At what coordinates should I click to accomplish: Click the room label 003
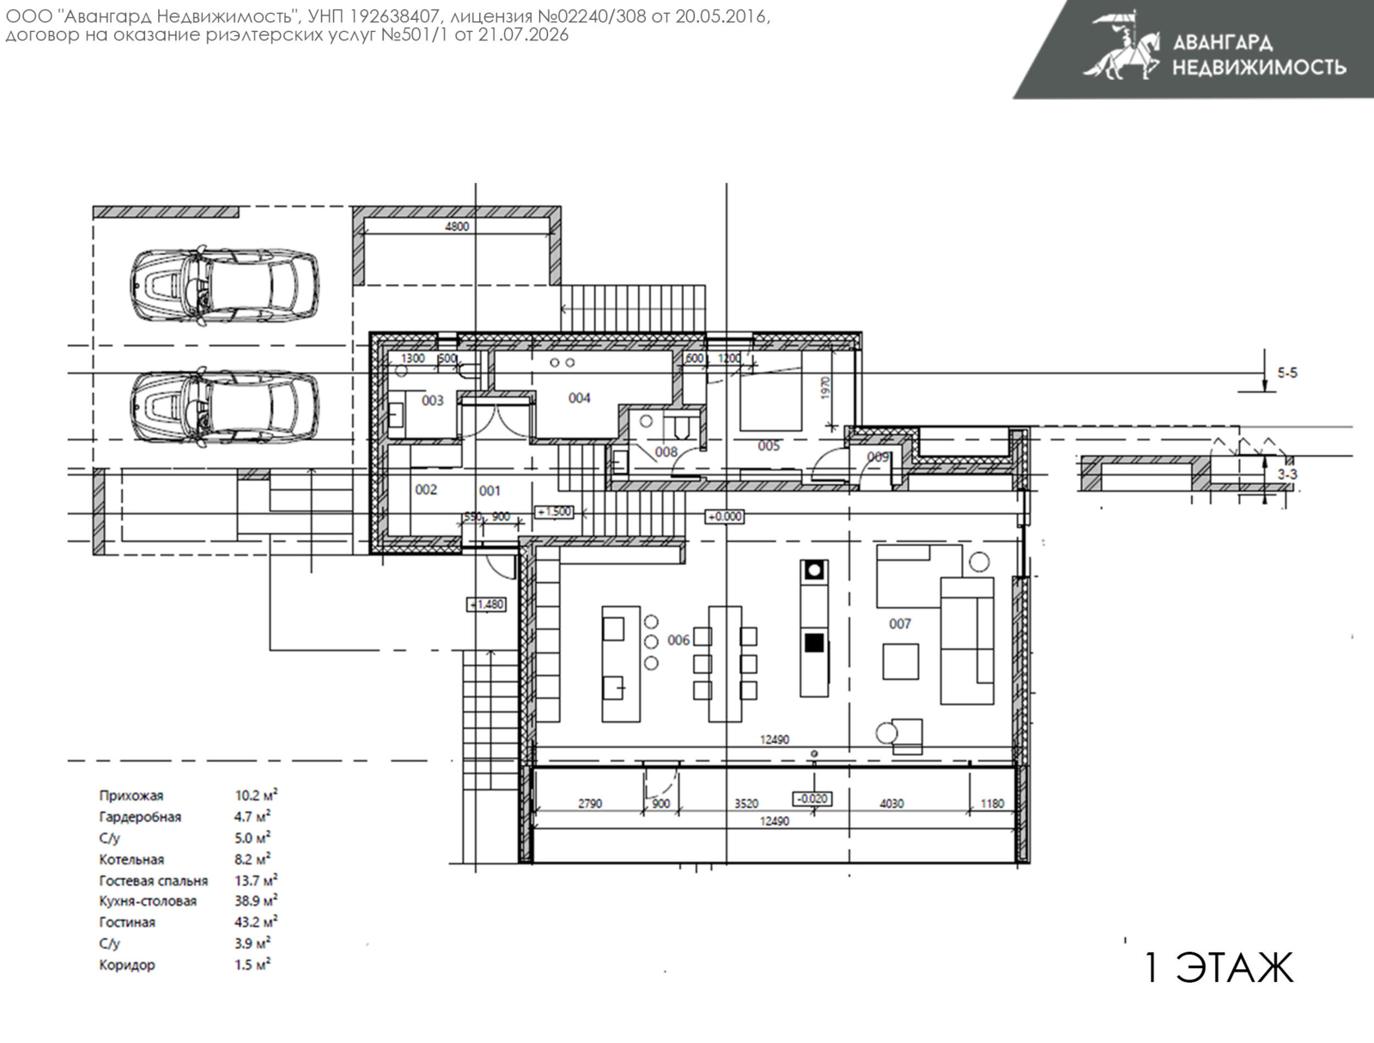pyautogui.click(x=433, y=400)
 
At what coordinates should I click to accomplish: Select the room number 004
pyautogui.click(x=579, y=398)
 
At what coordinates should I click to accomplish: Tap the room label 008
pyautogui.click(x=666, y=452)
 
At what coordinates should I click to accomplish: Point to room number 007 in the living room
pyautogui.click(x=899, y=624)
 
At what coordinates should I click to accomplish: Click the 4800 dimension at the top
pyautogui.click(x=457, y=227)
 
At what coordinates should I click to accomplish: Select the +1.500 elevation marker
pyautogui.click(x=555, y=512)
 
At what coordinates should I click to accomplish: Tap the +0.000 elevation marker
pyautogui.click(x=725, y=517)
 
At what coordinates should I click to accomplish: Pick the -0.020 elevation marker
pyautogui.click(x=812, y=799)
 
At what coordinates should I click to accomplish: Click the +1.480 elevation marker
pyautogui.click(x=487, y=604)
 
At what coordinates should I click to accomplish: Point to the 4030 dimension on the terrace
pyautogui.click(x=891, y=803)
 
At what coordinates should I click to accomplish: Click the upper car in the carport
pyautogui.click(x=225, y=286)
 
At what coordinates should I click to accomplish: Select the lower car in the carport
pyautogui.click(x=225, y=408)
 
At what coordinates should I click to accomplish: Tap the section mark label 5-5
pyautogui.click(x=1287, y=373)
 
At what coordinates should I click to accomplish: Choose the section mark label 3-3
pyautogui.click(x=1287, y=475)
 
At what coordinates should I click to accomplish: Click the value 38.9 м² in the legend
pyautogui.click(x=256, y=900)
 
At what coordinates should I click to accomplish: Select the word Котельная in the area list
pyautogui.click(x=131, y=859)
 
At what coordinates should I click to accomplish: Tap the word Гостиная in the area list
pyautogui.click(x=127, y=922)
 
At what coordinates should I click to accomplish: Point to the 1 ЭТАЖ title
pyautogui.click(x=1218, y=967)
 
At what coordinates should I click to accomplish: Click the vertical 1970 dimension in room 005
pyautogui.click(x=825, y=387)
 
